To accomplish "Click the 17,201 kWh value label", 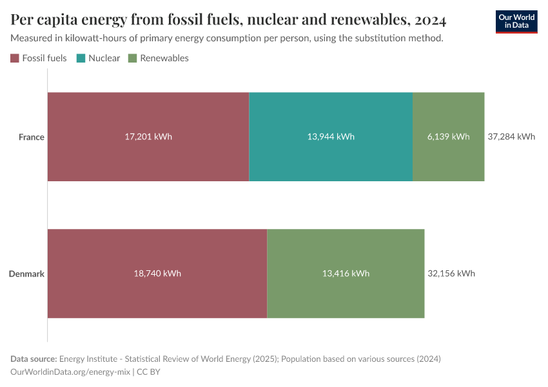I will [x=148, y=137].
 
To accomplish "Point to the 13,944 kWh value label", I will [x=331, y=137].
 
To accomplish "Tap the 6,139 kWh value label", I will [x=448, y=137].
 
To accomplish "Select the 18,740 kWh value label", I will [x=157, y=273].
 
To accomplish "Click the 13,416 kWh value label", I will [x=346, y=273].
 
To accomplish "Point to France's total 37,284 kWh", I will [x=511, y=137].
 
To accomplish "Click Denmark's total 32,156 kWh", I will [x=451, y=273].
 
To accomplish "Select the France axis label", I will [x=31, y=137].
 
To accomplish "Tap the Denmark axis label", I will [x=26, y=273].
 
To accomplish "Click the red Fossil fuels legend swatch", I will [x=15, y=58].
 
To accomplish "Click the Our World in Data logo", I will [x=516, y=21].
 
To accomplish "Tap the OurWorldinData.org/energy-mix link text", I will [x=71, y=372].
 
